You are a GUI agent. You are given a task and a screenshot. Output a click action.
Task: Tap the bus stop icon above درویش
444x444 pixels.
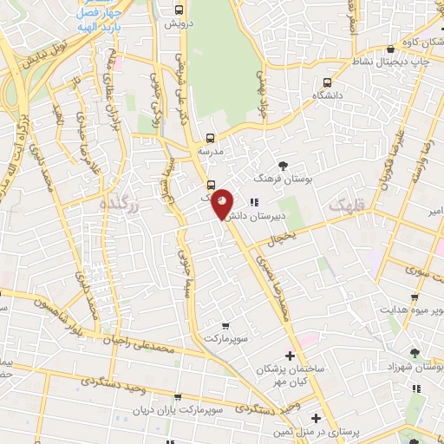178,10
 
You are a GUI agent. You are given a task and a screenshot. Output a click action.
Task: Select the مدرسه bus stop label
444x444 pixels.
211,149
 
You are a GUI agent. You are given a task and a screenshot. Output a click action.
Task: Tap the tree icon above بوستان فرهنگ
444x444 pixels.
284,164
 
